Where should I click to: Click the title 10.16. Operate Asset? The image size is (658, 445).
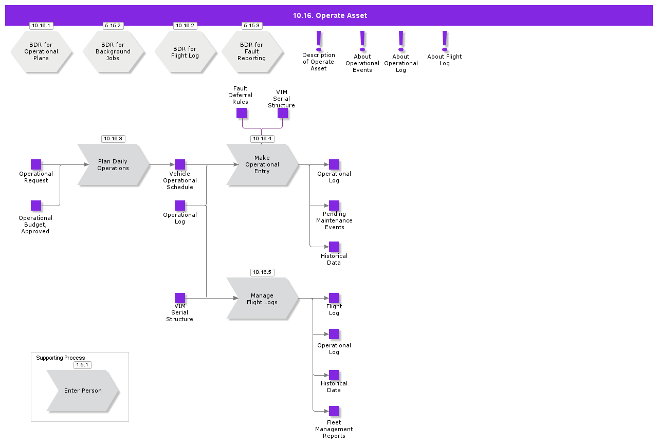[330, 15]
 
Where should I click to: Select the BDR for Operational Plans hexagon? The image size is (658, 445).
[41, 51]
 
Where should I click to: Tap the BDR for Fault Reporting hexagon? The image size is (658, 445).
[252, 51]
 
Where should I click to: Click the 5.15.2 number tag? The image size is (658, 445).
[113, 26]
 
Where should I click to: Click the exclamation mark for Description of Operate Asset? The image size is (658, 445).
[319, 40]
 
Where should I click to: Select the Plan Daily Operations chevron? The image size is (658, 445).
[113, 164]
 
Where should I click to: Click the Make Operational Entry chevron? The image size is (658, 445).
[262, 164]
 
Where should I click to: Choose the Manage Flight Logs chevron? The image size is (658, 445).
[262, 299]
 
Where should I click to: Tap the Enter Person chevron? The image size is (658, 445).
[83, 391]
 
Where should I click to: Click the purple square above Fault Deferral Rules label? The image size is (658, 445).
[242, 113]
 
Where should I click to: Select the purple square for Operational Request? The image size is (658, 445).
[36, 164]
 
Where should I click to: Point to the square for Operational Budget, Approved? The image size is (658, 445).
[36, 206]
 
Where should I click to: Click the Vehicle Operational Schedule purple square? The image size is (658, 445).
[180, 164]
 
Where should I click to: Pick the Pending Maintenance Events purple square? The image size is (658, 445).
[334, 206]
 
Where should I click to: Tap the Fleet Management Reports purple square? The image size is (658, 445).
[334, 411]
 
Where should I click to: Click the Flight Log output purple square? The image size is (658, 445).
[334, 298]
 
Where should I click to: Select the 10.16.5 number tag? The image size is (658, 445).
[262, 272]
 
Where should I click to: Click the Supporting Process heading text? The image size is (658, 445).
[61, 358]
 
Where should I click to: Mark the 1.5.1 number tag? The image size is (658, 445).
[82, 365]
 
